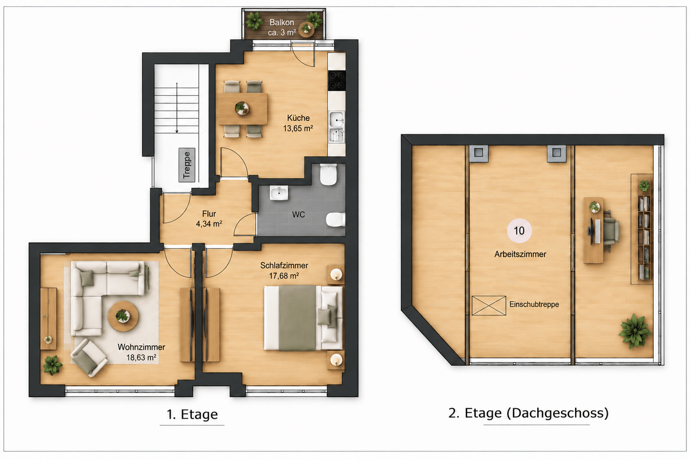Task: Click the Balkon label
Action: coord(282,23)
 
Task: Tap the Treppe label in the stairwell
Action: coord(187,165)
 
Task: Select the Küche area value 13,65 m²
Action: coord(298,128)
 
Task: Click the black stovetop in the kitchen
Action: coord(337,80)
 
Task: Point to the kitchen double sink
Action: coord(336,126)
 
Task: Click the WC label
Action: coord(298,215)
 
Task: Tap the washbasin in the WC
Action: coord(279,193)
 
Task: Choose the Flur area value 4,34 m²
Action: coord(209,224)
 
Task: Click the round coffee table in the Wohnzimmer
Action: coord(123,316)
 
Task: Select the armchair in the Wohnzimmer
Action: coord(89,358)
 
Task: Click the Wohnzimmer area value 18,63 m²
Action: coord(141,358)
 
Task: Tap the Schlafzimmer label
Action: coord(284,265)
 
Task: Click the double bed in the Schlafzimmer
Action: coord(303,318)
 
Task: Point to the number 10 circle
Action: coord(519,230)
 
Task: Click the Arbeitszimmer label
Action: coord(520,254)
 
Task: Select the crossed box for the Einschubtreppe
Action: coord(489,305)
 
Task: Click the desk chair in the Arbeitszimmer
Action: coord(611,230)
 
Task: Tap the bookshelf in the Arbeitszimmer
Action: coord(644,237)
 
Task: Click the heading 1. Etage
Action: coord(192,414)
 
